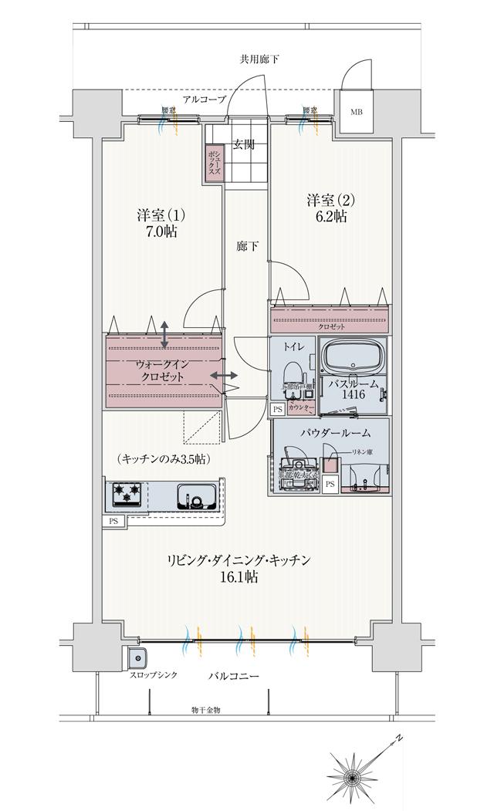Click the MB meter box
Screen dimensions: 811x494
356,113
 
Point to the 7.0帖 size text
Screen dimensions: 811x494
161,231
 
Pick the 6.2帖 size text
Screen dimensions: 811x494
330,217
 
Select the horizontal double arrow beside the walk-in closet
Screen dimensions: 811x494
224,376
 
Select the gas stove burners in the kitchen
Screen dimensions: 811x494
125,493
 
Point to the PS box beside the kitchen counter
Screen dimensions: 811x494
113,522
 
